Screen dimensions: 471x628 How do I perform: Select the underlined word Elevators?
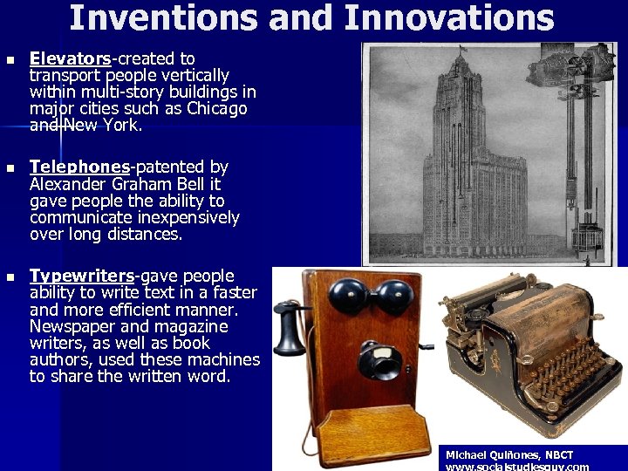point(70,58)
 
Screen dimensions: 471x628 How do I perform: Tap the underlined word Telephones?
point(78,167)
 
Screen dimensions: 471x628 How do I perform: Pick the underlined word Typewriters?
point(81,276)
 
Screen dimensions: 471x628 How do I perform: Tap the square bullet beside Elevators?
point(10,59)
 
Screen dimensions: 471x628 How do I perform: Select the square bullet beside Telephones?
point(10,167)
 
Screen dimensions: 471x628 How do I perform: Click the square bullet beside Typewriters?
point(10,276)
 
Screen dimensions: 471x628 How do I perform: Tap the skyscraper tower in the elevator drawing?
point(471,157)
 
